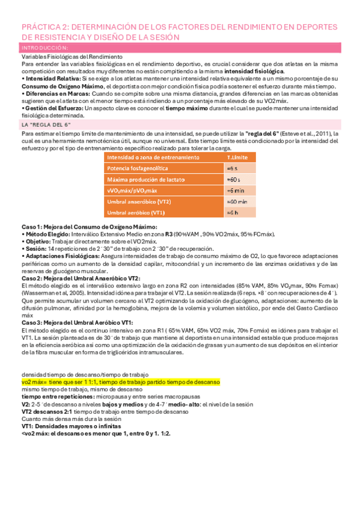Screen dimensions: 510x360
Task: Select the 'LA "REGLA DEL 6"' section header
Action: tap(45, 124)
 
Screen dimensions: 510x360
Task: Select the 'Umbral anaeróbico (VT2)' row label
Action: tap(139, 201)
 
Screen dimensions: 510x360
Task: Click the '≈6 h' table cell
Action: tap(234, 212)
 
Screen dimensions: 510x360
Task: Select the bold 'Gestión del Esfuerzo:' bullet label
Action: tap(49, 108)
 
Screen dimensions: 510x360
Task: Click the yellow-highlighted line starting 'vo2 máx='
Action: tap(120, 381)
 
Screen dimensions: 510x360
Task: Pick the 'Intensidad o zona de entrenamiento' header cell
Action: tap(153, 158)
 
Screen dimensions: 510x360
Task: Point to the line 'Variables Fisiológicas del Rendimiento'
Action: tap(63, 56)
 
